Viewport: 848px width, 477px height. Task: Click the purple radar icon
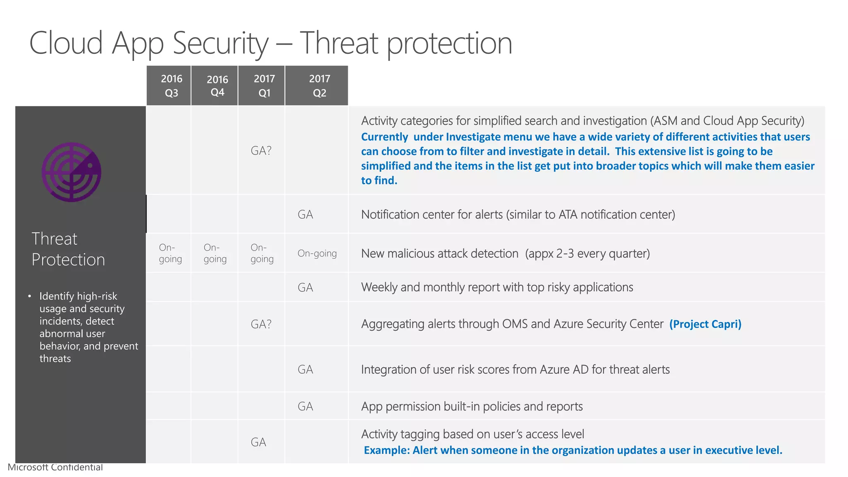click(x=72, y=172)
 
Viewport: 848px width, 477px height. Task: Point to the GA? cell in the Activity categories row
click(x=261, y=151)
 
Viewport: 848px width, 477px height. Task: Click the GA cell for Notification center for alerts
click(x=306, y=214)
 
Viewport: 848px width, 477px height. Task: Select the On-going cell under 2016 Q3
click(x=170, y=253)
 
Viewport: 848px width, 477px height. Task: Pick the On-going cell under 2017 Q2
click(x=317, y=253)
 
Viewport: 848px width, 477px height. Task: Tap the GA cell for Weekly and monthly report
click(x=306, y=287)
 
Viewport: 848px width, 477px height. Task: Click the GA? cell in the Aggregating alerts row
click(x=261, y=324)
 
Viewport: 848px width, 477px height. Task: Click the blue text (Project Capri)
click(x=705, y=324)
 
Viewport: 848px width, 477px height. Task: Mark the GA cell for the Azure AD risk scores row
click(x=306, y=369)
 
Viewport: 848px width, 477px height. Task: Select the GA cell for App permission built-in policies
click(x=306, y=406)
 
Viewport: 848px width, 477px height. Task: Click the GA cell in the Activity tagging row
click(x=258, y=442)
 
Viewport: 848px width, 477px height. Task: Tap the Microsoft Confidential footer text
click(x=55, y=467)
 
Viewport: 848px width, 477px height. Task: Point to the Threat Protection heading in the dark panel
click(x=68, y=249)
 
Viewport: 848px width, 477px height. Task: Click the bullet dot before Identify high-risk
click(x=29, y=296)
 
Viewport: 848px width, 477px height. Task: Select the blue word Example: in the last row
click(x=387, y=450)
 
